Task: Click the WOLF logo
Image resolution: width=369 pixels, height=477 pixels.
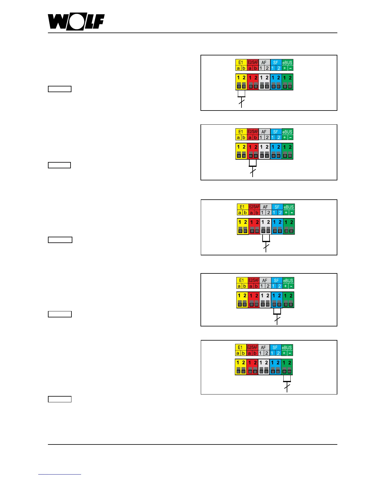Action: click(76, 22)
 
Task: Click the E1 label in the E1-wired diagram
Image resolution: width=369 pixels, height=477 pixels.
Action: click(241, 63)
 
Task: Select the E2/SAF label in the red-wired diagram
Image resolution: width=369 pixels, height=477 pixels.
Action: click(253, 132)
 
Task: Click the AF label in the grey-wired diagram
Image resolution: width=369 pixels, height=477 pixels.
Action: click(265, 207)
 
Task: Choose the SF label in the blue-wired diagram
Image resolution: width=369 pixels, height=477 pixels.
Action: click(276, 280)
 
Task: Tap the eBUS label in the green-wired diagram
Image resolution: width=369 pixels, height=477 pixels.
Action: click(287, 348)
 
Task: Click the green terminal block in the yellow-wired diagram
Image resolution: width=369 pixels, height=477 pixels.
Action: click(287, 82)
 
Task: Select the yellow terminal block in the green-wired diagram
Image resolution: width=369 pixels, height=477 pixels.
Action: click(241, 367)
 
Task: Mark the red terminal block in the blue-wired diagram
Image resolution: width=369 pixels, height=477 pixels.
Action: click(254, 300)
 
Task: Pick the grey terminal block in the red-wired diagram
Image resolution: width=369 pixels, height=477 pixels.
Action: click(264, 151)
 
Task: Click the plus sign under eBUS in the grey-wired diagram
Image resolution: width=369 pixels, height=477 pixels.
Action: click(286, 213)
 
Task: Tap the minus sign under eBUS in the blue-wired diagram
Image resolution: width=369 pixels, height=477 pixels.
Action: click(291, 286)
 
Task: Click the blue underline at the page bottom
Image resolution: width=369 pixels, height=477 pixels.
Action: click(59, 474)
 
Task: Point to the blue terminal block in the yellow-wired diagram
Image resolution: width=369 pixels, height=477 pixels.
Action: click(276, 82)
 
